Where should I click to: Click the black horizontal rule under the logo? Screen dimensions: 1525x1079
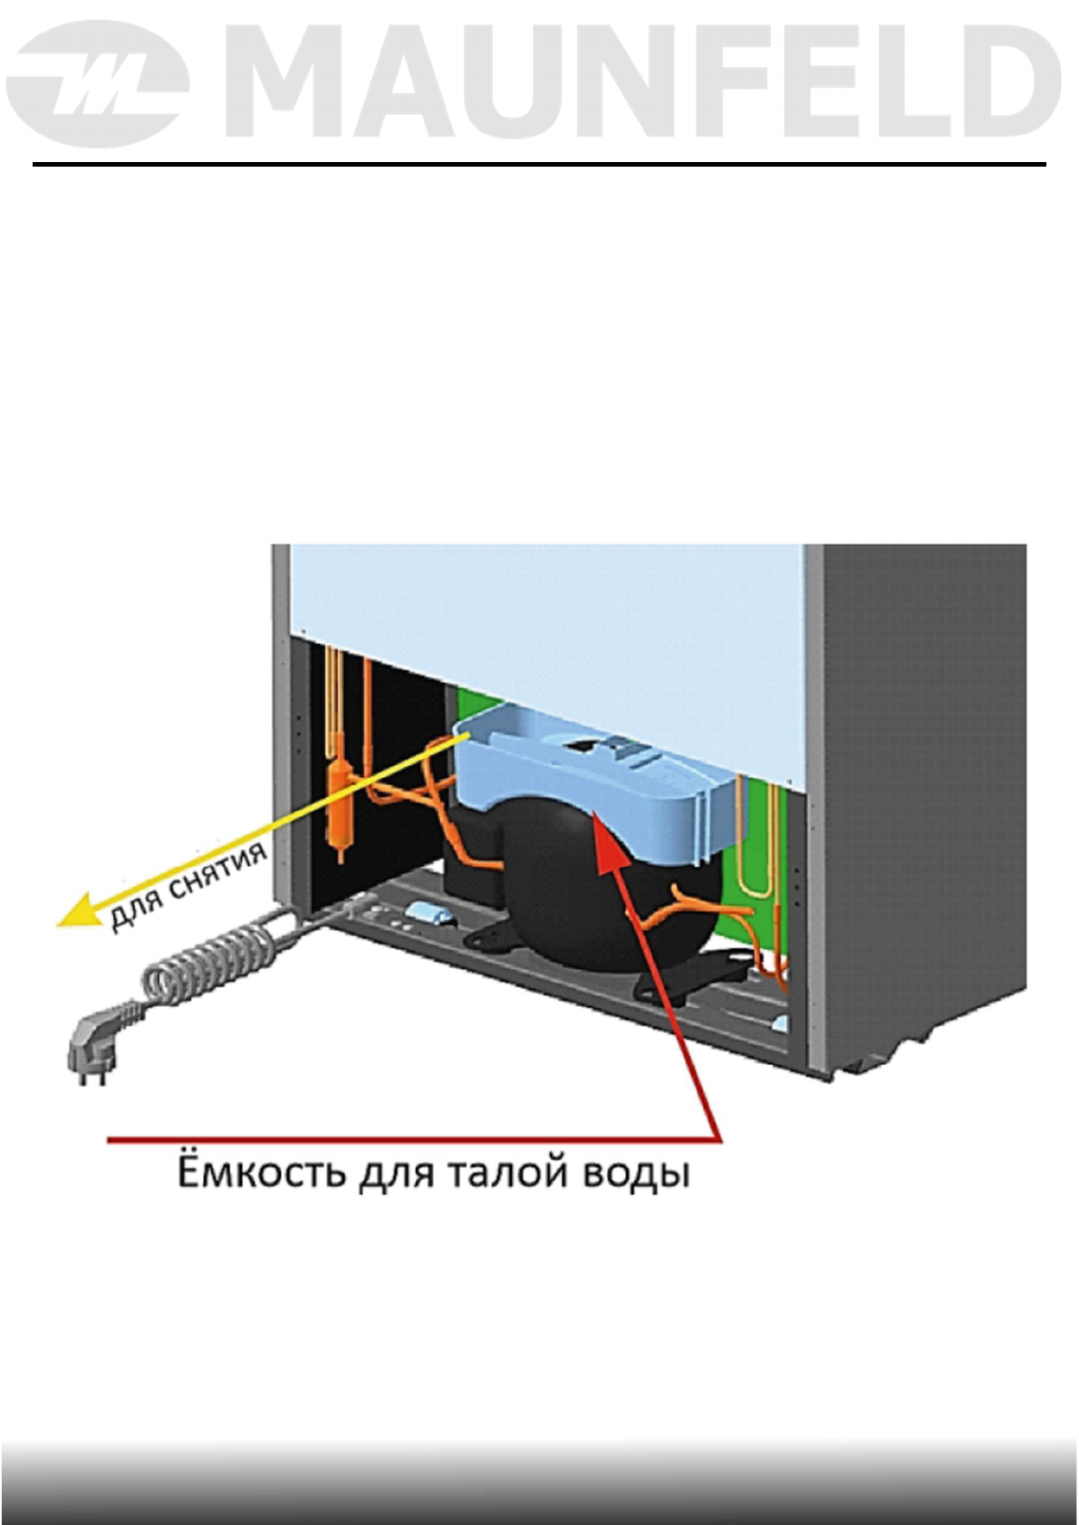pos(539,165)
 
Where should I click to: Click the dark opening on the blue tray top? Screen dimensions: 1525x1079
pos(581,744)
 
